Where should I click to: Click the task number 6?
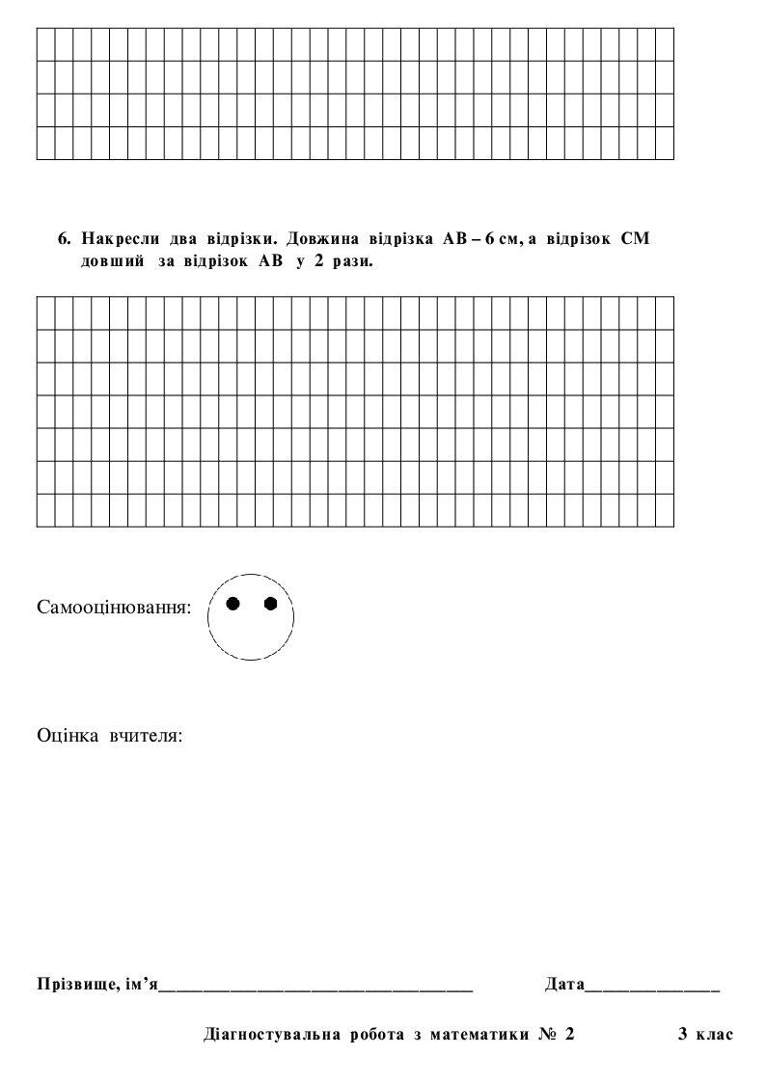coord(64,238)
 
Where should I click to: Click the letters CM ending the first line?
coord(636,238)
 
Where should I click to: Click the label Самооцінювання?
coord(114,609)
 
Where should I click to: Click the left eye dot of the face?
coord(233,604)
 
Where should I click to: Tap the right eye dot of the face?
coord(270,604)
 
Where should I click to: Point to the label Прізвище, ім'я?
coord(96,985)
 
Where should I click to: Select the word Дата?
coord(564,985)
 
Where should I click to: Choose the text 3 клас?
coord(705,1035)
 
